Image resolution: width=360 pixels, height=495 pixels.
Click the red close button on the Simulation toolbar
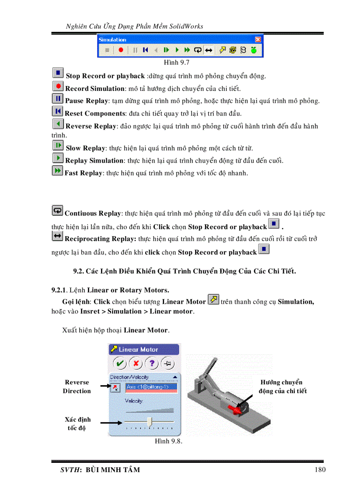258,40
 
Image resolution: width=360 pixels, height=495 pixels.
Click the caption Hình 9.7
176,63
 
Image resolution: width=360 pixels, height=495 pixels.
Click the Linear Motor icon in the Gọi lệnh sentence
213,300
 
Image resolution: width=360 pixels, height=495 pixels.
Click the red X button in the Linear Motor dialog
136,364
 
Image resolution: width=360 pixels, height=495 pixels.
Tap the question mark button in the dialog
152,364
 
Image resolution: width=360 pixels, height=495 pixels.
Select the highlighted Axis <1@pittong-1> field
151,387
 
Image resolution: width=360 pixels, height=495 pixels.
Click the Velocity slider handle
150,421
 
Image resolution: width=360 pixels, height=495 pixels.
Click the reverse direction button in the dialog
115,387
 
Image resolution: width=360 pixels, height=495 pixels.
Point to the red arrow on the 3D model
236,409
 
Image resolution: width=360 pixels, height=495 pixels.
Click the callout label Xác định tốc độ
77,424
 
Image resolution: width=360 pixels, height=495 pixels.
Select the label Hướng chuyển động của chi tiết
282,387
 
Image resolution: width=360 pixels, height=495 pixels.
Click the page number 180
320,469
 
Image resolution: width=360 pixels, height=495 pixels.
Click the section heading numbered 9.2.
184,271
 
